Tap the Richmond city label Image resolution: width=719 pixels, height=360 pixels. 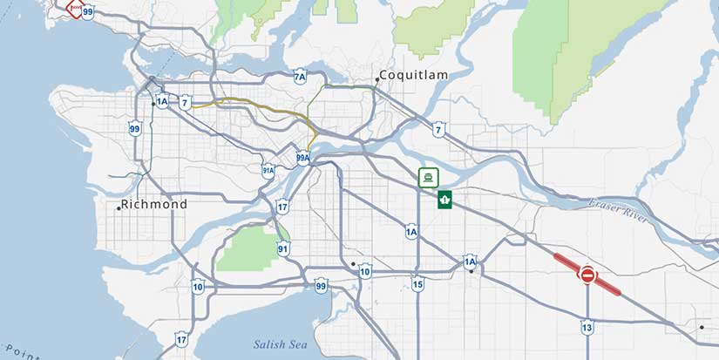click(x=154, y=204)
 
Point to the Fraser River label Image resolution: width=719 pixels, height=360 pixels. click(x=618, y=210)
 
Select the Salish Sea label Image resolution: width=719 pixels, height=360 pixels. click(x=281, y=344)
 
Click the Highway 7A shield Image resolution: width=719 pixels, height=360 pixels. click(x=300, y=78)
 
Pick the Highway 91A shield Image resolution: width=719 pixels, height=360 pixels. click(x=268, y=171)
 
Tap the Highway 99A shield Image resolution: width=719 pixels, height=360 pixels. click(x=303, y=158)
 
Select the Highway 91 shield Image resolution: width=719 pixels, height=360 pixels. click(x=283, y=248)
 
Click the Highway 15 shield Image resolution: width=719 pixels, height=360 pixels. click(x=418, y=284)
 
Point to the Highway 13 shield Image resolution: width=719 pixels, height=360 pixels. click(x=587, y=327)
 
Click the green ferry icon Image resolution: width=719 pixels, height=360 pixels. click(x=427, y=178)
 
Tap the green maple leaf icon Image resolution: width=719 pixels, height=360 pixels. click(x=444, y=200)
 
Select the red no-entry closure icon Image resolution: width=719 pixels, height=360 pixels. click(x=587, y=275)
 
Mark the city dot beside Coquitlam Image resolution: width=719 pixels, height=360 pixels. click(x=377, y=79)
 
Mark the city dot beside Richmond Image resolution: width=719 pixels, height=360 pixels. click(x=119, y=207)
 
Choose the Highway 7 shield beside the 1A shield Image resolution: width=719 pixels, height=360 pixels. click(x=185, y=103)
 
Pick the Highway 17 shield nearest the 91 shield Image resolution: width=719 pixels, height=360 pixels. click(x=282, y=207)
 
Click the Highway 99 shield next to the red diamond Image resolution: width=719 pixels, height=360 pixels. click(x=88, y=12)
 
